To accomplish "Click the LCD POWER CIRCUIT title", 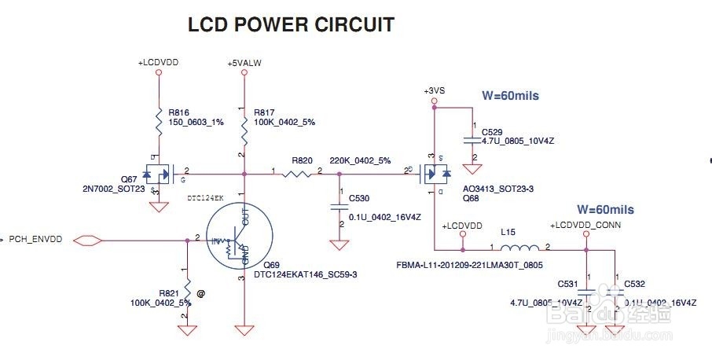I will (291, 25).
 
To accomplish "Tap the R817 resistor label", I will (266, 113).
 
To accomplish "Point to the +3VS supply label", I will (434, 91).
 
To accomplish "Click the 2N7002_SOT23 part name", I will (114, 189).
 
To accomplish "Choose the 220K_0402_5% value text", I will (360, 160).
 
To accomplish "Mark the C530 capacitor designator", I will (358, 199).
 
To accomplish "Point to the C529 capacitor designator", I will (493, 131).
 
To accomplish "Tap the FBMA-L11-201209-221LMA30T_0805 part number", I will (469, 265).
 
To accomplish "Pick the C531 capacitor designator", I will (568, 283).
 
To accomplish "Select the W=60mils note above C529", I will (511, 96).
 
